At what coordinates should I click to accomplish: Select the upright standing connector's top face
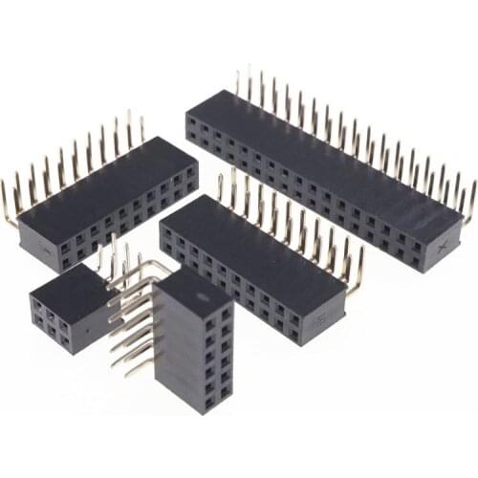click(x=190, y=288)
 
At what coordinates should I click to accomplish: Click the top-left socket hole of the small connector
click(x=38, y=305)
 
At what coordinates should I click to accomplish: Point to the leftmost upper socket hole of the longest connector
click(x=192, y=122)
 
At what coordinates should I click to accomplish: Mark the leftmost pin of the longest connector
click(x=239, y=80)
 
